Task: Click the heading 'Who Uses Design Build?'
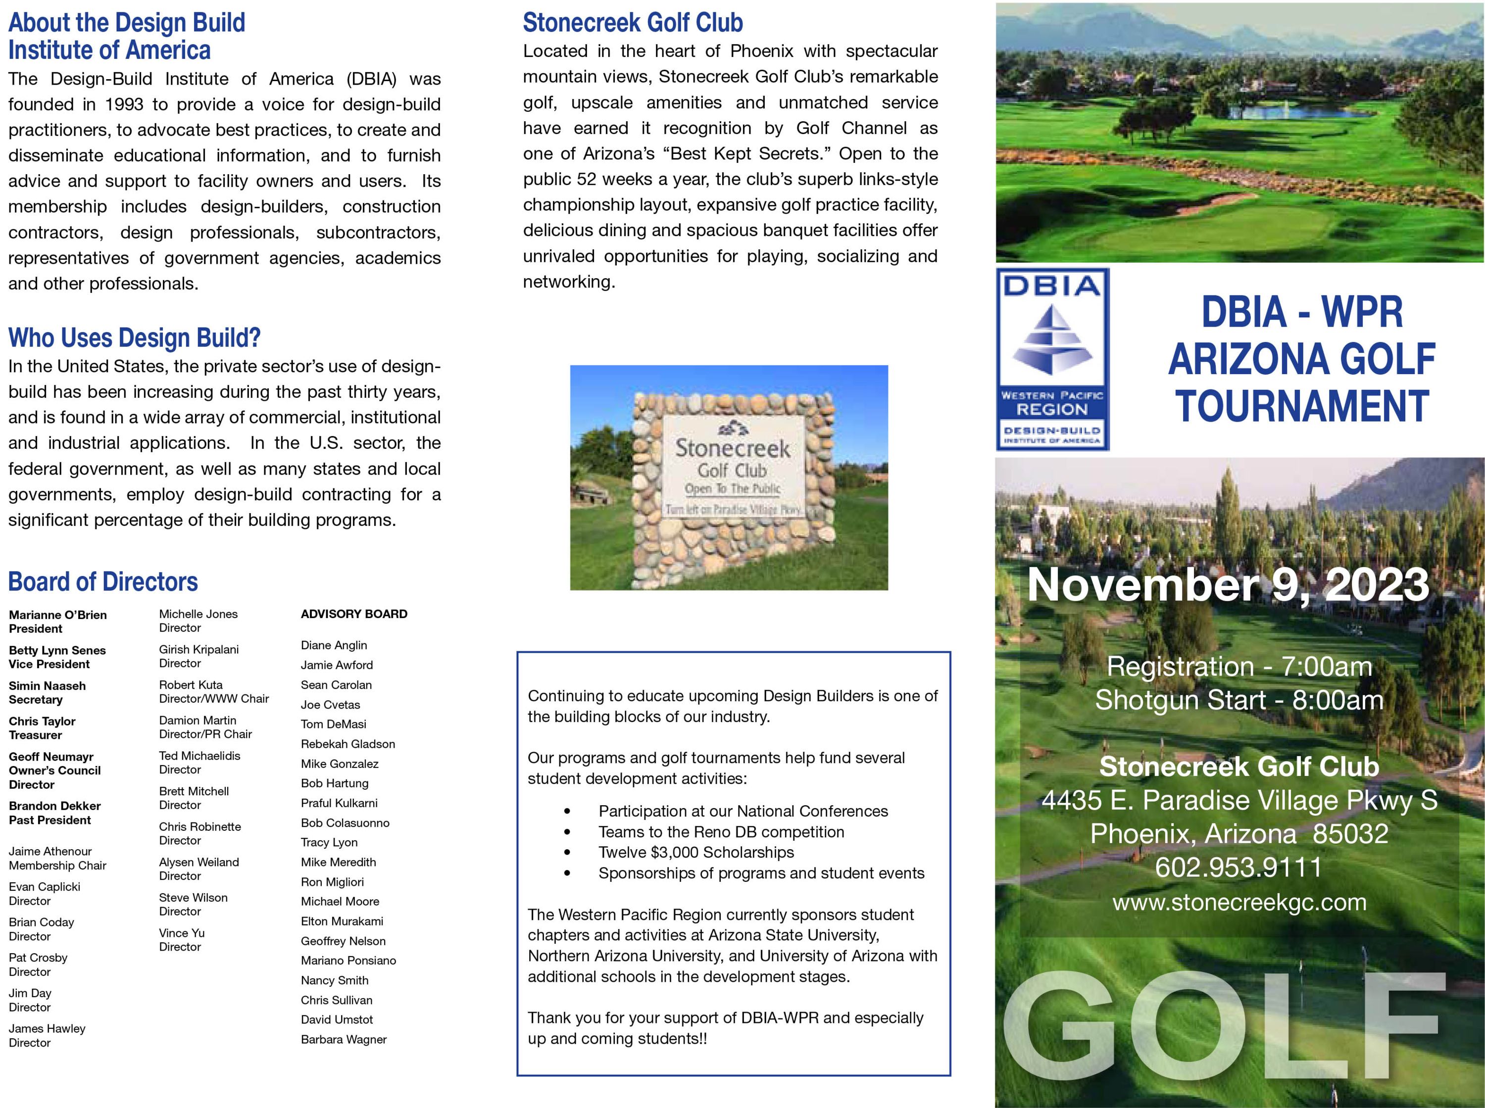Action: pos(134,338)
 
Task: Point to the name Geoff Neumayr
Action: pos(51,757)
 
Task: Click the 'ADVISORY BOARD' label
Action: pos(353,614)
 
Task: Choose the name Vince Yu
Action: pos(182,932)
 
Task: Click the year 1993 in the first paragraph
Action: pos(124,104)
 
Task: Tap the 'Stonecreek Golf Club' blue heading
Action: pos(633,23)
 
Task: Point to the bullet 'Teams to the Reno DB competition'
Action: pos(721,832)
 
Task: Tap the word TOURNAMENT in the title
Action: pos(1301,406)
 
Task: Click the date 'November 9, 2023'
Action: pos(1228,585)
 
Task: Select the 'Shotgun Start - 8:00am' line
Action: pos(1239,700)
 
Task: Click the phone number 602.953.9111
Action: pos(1238,867)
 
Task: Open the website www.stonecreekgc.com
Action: pos(1239,902)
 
